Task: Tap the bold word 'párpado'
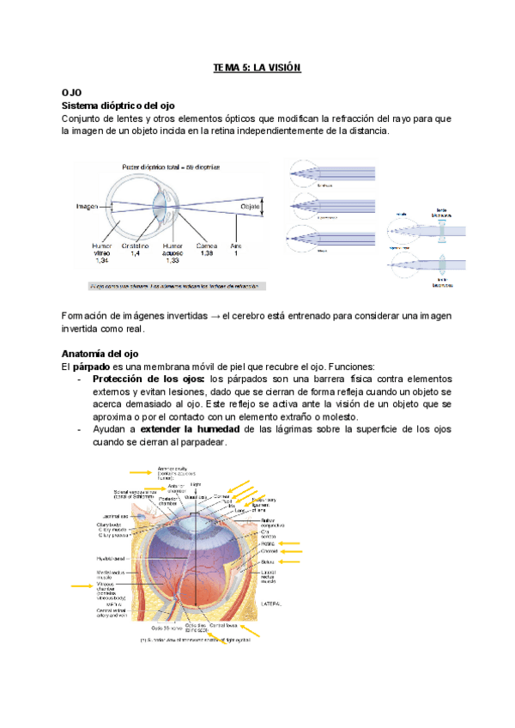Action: coord(93,366)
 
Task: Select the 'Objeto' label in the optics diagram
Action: coord(251,207)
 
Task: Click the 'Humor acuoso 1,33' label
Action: coord(174,253)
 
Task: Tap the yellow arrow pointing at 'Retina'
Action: coord(289,543)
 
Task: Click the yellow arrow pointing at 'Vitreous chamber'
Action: coord(82,585)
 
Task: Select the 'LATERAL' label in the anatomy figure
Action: coord(270,604)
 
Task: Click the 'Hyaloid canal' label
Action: coord(112,558)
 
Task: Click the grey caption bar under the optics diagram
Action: coord(176,287)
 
